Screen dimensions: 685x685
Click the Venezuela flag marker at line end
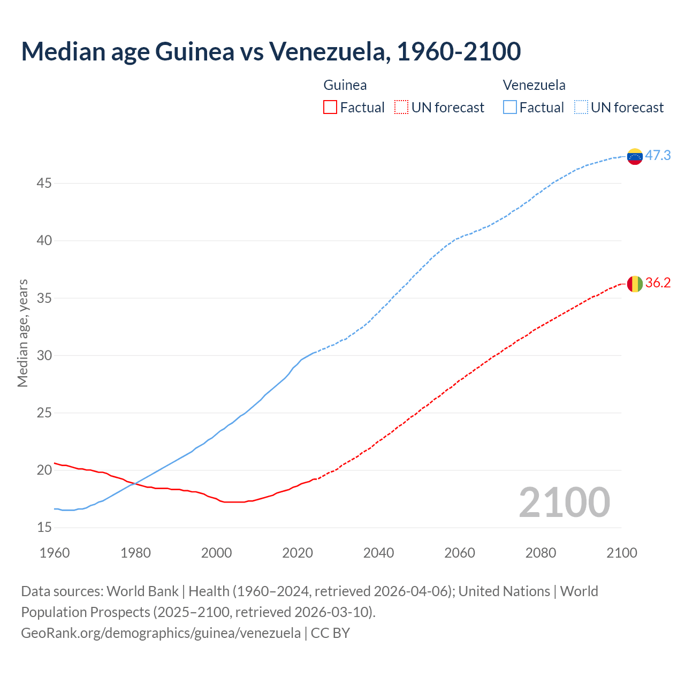[635, 156]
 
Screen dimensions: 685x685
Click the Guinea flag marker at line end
[635, 284]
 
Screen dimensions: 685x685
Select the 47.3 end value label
[658, 155]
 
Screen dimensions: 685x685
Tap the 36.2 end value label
[658, 283]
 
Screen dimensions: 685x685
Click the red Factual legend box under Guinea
[330, 108]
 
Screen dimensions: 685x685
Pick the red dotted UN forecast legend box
[401, 108]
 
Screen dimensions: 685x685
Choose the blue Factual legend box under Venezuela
[509, 108]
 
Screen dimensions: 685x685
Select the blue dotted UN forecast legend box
[581, 108]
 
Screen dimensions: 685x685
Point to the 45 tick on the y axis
[44, 183]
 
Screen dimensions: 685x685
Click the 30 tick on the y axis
[44, 355]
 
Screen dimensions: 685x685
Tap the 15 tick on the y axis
[44, 528]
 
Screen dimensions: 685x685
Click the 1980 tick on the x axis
[135, 553]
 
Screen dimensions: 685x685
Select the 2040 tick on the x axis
[378, 553]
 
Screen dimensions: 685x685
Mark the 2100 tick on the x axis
[621, 553]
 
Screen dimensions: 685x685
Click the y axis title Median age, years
[22, 333]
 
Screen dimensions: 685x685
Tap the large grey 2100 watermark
[564, 502]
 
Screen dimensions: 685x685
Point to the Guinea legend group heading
[345, 85]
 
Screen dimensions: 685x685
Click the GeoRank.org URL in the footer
[161, 633]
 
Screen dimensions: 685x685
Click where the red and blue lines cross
[134, 483]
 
